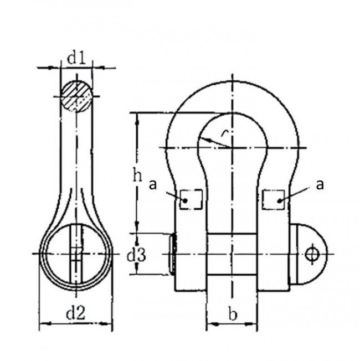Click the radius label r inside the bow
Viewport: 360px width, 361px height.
coord(222,133)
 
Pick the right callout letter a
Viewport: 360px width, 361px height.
coord(320,184)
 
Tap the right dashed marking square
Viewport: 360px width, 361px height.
coord(274,198)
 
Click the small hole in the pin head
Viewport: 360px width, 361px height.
coord(312,254)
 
